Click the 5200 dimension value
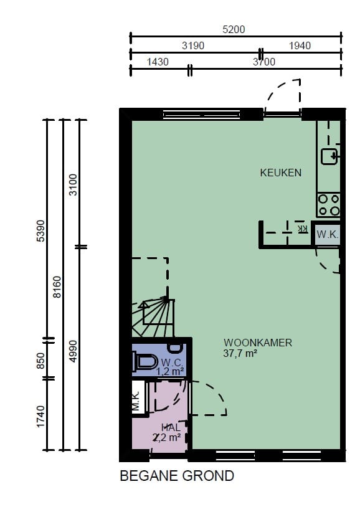tap(234, 29)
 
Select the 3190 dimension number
tap(193, 45)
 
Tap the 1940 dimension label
tap(300, 45)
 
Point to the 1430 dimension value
tap(158, 62)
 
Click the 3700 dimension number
tap(264, 62)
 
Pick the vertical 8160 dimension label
tap(57, 287)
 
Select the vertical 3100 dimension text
tap(73, 185)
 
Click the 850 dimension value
tap(40, 361)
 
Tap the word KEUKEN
tap(281, 173)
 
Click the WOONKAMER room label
tap(258, 343)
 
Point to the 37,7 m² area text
tap(240, 353)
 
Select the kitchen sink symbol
tap(329, 156)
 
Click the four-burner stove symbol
tap(328, 205)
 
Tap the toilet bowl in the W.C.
tap(145, 361)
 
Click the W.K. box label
tap(328, 234)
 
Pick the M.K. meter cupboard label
tap(136, 401)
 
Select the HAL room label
tap(171, 427)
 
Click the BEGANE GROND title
tap(177, 476)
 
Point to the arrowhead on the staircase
tap(144, 304)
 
